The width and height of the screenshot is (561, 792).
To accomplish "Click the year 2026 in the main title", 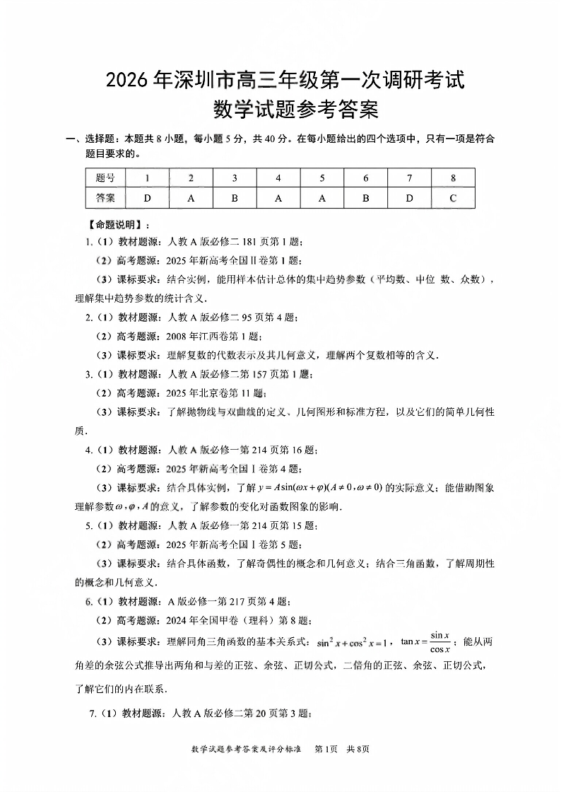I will point(126,80).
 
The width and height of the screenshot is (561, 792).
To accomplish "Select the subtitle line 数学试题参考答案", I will point(296,110).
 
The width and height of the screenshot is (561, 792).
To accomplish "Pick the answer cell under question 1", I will point(147,198).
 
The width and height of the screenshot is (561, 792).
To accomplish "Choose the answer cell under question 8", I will point(453,198).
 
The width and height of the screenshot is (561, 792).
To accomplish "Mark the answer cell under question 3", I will point(235,198).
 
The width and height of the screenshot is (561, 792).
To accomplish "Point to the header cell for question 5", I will point(322,178).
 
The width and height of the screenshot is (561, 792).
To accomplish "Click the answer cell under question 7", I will point(409,198).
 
